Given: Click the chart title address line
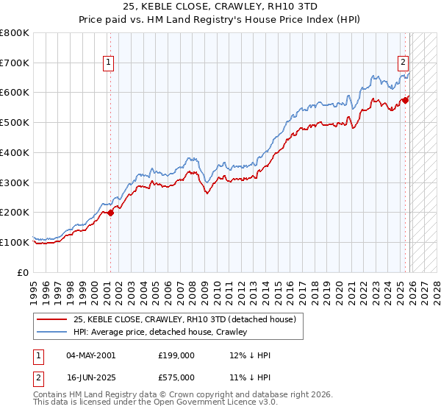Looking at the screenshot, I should (220, 7).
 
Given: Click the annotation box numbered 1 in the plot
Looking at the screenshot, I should (108, 63).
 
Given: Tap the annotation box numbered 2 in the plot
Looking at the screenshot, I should (404, 63).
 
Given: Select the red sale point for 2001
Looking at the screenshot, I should (111, 213).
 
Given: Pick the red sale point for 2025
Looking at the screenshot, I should (406, 100).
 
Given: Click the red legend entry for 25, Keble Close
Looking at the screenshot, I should (184, 319).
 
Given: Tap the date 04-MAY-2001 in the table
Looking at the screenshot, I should (90, 355).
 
